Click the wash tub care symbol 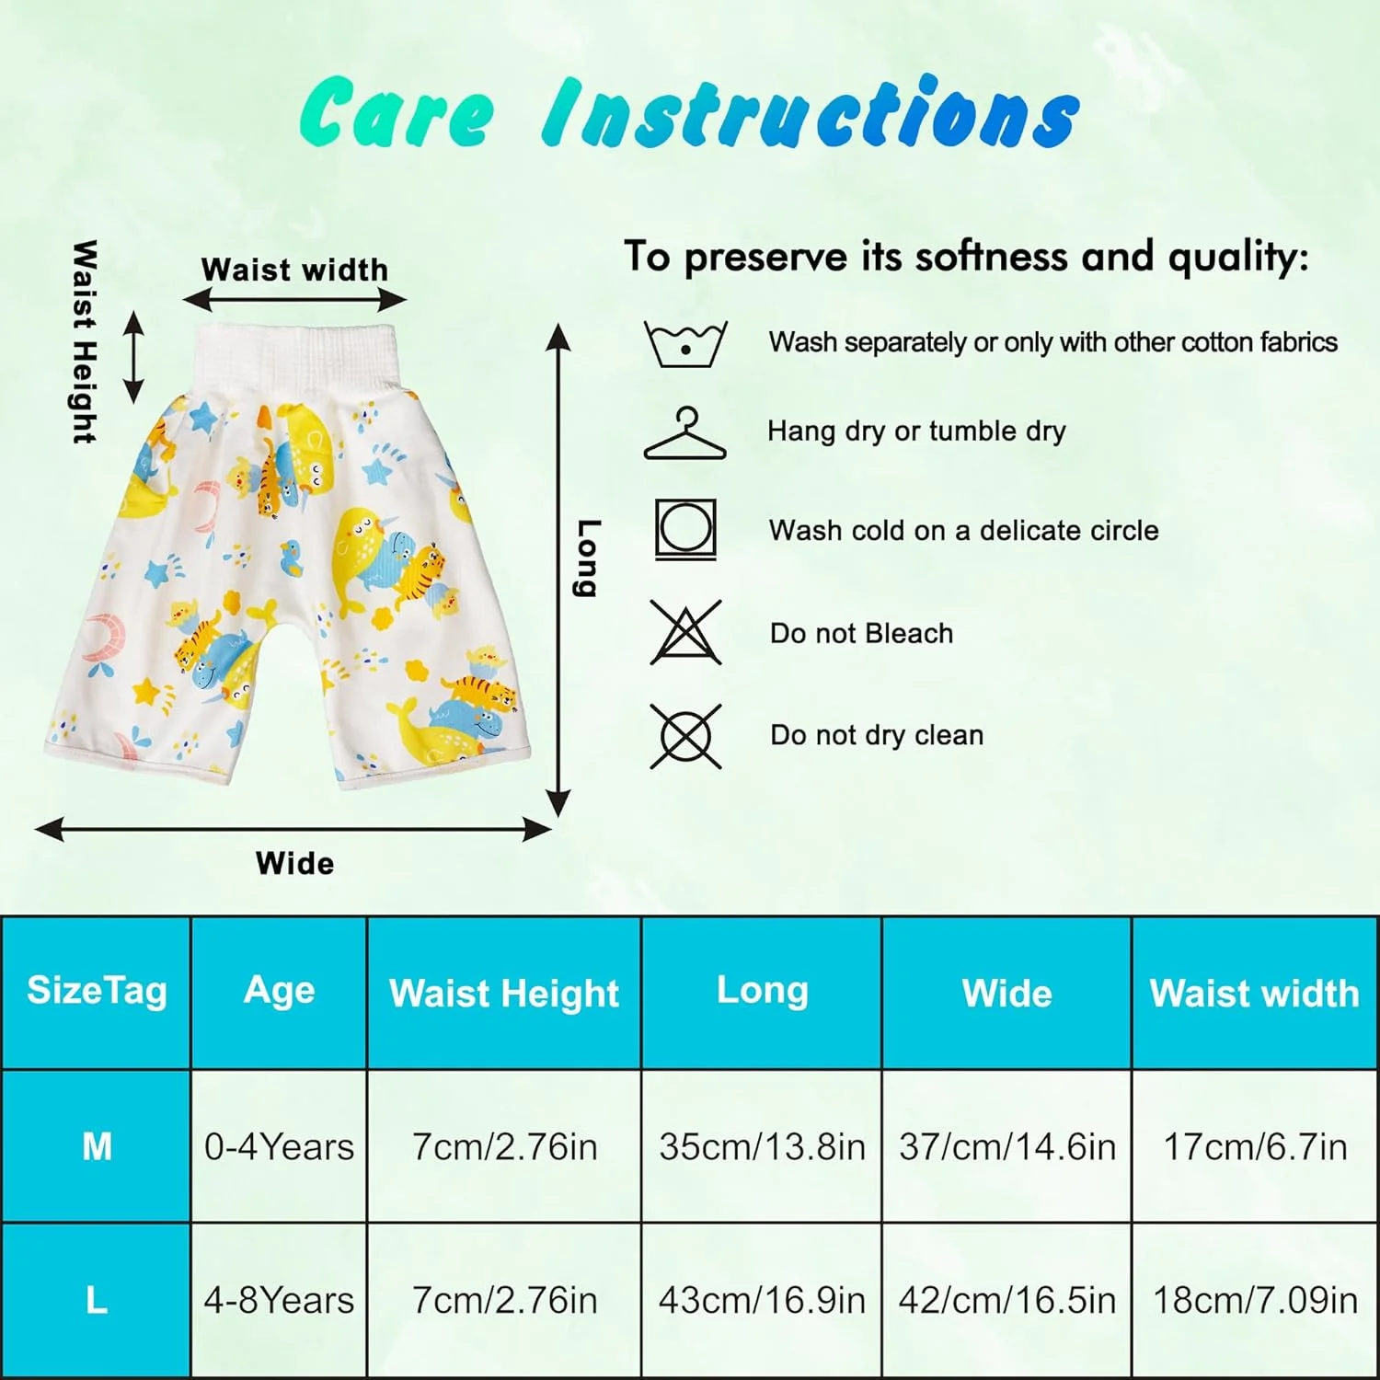tap(685, 344)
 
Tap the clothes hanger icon tap(685, 434)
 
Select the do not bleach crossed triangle tap(685, 632)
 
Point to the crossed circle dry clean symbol tap(685, 736)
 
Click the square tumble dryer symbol tap(685, 530)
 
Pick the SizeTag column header tap(97, 991)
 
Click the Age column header tap(279, 990)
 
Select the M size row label tap(97, 1146)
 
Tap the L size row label tap(97, 1300)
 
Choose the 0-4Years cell tap(279, 1147)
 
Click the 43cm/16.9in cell tap(762, 1300)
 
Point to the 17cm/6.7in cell tap(1255, 1147)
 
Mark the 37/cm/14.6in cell tap(1007, 1147)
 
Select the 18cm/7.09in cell tap(1255, 1300)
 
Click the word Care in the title tap(397, 113)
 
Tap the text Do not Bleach tap(861, 633)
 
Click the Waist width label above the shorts tap(294, 270)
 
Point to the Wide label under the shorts tap(294, 863)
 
